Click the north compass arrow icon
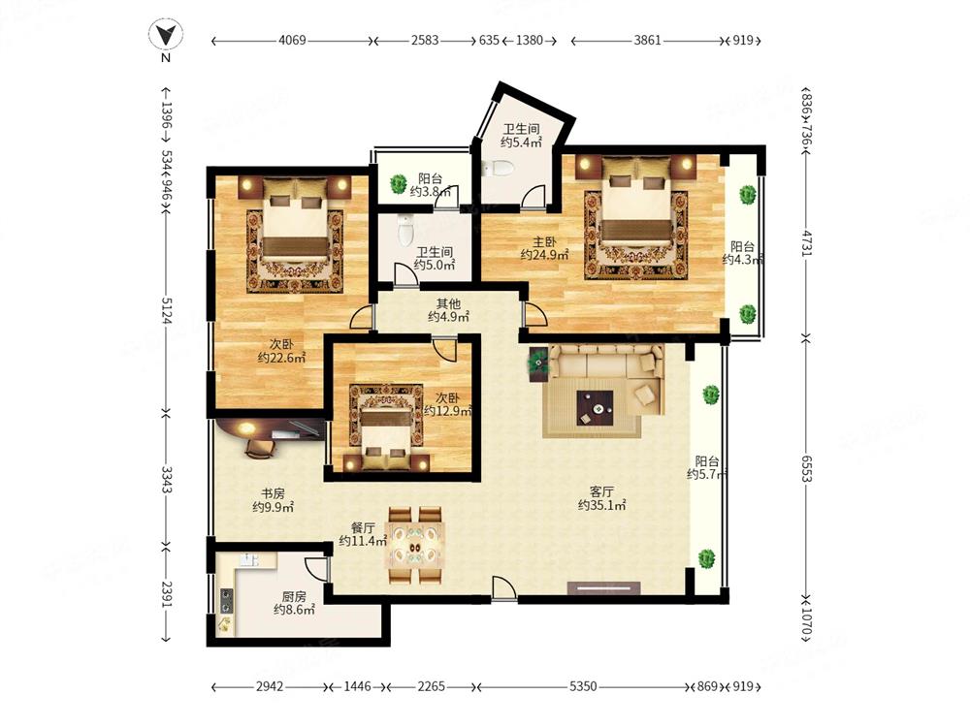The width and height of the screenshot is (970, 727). click(165, 35)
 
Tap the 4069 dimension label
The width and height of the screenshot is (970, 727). click(292, 40)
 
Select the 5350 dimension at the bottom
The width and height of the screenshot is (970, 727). click(583, 686)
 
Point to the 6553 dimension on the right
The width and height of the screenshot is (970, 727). click(807, 468)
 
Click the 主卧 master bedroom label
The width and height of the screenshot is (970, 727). click(544, 241)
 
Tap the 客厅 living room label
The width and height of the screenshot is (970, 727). click(601, 491)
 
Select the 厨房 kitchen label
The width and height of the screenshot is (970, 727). click(294, 596)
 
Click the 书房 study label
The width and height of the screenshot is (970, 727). click(273, 493)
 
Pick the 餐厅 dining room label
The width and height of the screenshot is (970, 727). click(363, 528)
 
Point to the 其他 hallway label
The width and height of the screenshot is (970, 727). click(448, 303)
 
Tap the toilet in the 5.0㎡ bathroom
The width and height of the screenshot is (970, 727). click(405, 230)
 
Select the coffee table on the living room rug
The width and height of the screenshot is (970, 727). click(596, 408)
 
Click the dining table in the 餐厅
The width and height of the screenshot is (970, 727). click(415, 545)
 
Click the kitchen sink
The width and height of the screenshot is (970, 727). click(250, 559)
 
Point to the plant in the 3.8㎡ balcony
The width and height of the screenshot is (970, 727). click(397, 183)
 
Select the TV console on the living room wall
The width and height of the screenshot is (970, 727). click(603, 588)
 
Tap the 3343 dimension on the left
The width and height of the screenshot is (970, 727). click(167, 480)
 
